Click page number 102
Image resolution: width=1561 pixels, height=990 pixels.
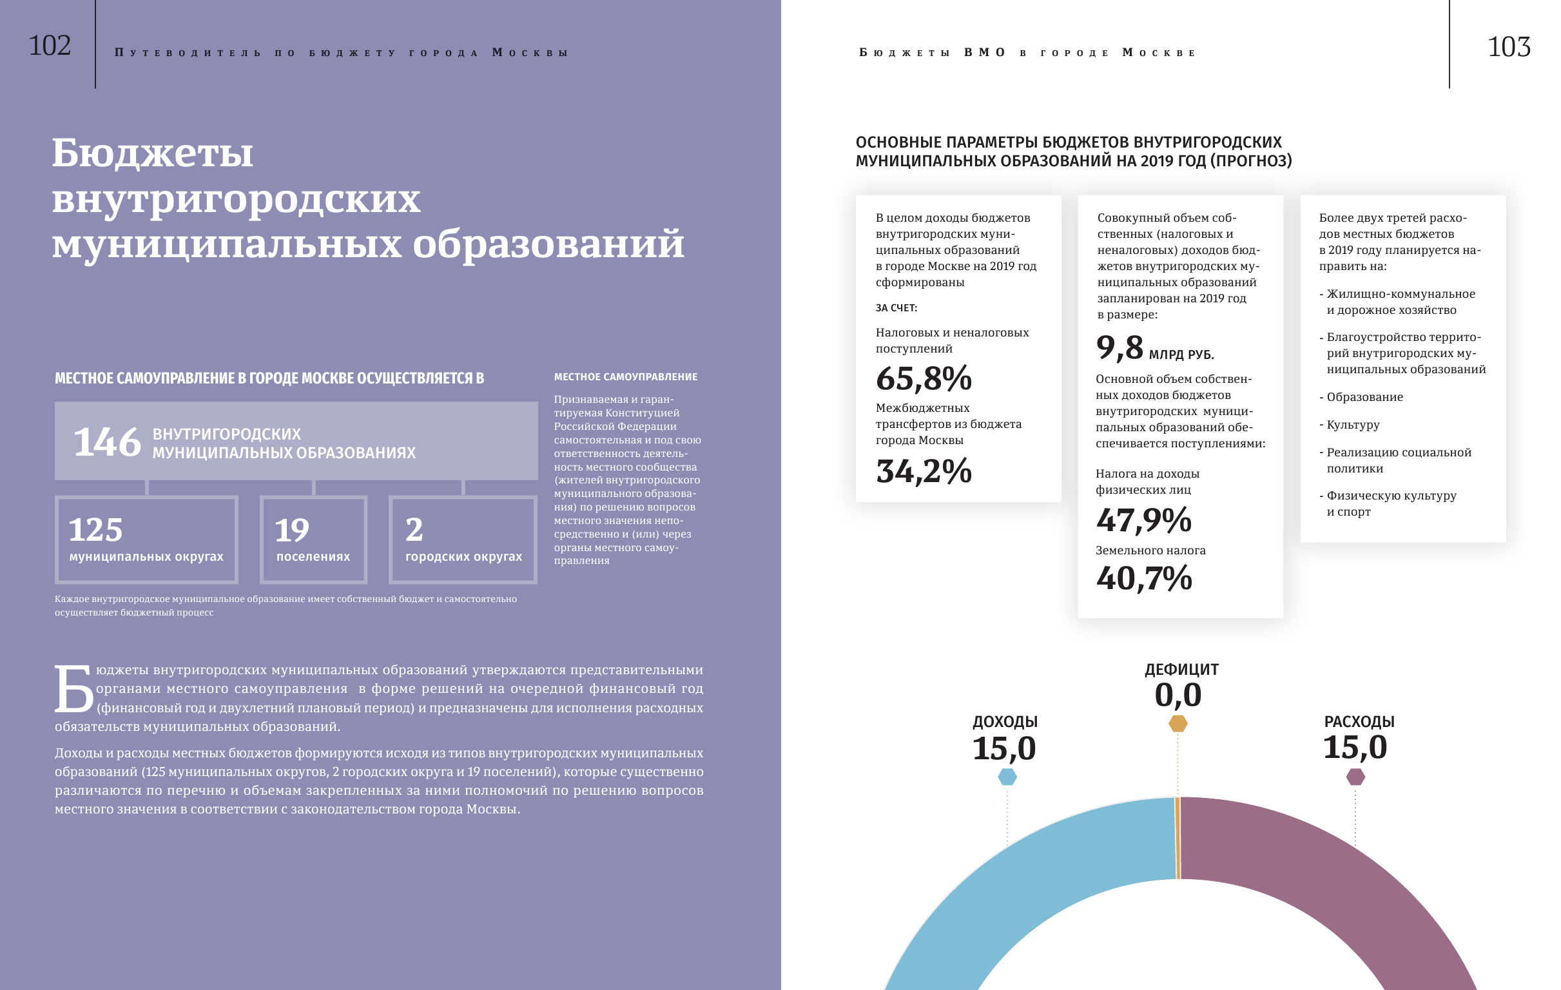[x=49, y=45]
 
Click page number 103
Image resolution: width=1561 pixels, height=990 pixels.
[x=1509, y=46]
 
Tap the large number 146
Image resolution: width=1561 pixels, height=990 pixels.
[x=107, y=442]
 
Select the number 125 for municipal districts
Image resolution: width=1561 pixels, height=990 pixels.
[x=95, y=530]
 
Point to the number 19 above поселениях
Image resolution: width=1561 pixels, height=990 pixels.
[x=292, y=530]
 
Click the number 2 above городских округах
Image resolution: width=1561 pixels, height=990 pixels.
[x=414, y=530]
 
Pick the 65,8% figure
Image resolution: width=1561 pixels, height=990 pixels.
[x=923, y=378]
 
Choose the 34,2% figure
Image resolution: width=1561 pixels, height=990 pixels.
[x=923, y=471]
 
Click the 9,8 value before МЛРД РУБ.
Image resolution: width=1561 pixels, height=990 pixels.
[x=1119, y=347]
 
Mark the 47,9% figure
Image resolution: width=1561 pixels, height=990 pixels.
[x=1143, y=520]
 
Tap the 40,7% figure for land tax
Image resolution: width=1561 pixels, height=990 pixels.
[x=1143, y=578]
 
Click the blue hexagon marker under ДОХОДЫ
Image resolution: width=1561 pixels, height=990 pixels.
[x=1007, y=776]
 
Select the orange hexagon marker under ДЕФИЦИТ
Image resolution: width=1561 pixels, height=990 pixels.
[x=1178, y=723]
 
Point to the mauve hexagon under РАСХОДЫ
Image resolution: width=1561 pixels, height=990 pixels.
[x=1355, y=776]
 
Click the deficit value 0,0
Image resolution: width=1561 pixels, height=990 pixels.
[x=1178, y=695]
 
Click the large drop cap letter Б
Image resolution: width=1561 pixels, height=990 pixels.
[x=73, y=688]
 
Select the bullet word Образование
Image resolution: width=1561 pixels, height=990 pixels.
[x=1364, y=397]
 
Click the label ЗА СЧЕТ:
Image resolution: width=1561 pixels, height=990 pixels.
[x=896, y=308]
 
